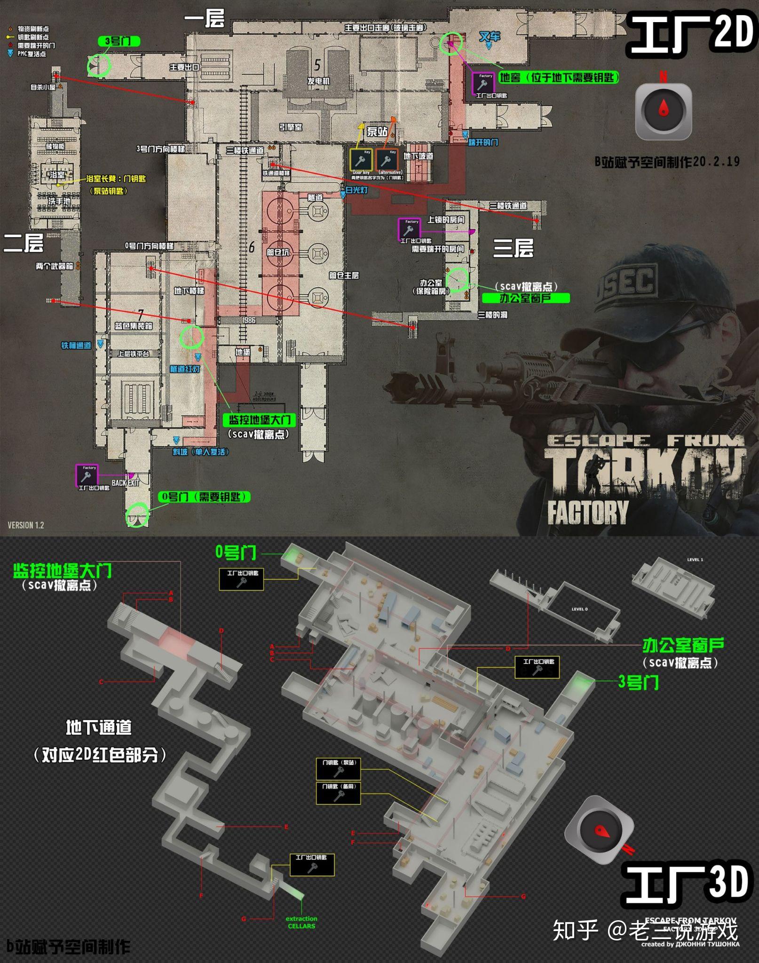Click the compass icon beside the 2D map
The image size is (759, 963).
point(663,111)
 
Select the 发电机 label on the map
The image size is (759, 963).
point(318,81)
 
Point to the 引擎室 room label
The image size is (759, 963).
point(291,127)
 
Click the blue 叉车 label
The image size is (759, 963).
point(490,37)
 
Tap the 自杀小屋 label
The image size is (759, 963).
point(43,87)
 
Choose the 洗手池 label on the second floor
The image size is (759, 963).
point(59,201)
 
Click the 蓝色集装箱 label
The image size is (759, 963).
point(134,326)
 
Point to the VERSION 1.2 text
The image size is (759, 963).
point(26,525)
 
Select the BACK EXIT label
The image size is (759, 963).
point(126,483)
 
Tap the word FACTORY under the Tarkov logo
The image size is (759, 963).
point(587,512)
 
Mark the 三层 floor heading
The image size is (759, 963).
point(513,247)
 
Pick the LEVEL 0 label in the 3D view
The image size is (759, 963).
point(579,609)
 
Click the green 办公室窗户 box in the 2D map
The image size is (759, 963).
point(525,298)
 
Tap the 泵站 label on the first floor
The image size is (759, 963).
point(377,131)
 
